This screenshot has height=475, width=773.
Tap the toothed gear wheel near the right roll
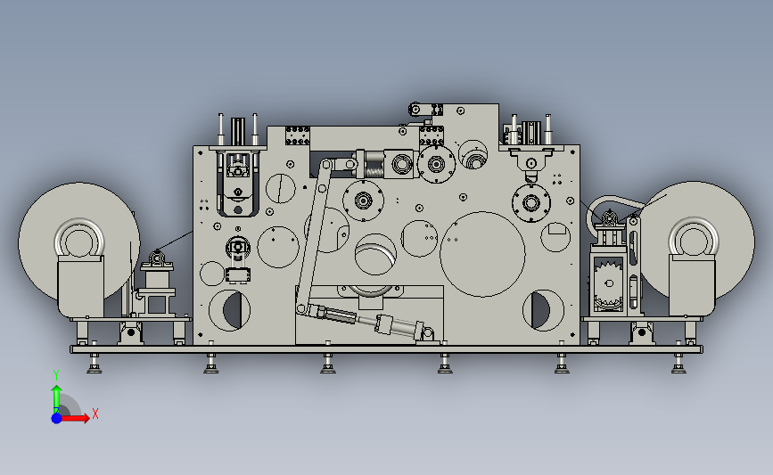coord(609,285)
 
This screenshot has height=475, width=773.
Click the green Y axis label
coord(56,375)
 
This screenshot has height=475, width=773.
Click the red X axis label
coord(95,414)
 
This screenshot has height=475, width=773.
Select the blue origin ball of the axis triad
coord(57,418)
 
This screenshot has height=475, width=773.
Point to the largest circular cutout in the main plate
coord(482,254)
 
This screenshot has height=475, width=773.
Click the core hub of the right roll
coord(693,239)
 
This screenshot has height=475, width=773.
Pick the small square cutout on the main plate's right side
coord(557,228)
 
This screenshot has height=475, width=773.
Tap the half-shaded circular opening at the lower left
coord(230,310)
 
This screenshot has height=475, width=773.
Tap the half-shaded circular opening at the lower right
coord(543,310)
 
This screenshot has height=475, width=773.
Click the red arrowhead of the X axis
coord(86,418)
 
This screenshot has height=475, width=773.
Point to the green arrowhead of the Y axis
coord(57,389)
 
